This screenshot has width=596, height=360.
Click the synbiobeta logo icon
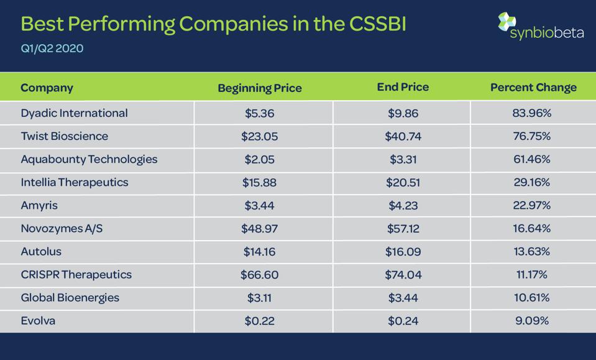[507, 22]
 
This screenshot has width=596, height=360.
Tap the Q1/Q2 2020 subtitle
[52, 48]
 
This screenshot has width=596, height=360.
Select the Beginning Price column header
[260, 88]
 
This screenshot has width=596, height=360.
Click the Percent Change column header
[533, 88]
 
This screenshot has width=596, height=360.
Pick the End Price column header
[403, 87]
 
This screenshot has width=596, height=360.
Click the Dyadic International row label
[74, 113]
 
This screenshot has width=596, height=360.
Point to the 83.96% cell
[532, 113]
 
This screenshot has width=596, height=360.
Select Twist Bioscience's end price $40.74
[403, 136]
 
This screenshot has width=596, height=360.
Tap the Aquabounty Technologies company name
[89, 159]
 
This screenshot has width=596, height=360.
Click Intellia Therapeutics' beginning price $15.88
[259, 182]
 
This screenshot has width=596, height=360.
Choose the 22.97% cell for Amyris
[532, 205]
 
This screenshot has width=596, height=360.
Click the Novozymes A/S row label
[62, 228]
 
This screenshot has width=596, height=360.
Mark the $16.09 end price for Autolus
[403, 251]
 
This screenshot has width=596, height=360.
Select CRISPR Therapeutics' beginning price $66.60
[259, 274]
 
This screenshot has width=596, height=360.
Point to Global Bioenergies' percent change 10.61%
[532, 297]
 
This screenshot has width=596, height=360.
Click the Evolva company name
[39, 320]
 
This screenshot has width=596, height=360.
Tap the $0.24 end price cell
[403, 320]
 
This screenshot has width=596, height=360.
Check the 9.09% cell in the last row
[532, 320]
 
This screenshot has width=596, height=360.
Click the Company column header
[47, 88]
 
